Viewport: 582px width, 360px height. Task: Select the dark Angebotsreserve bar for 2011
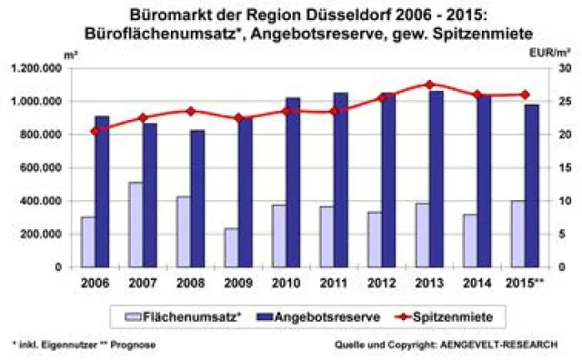341,180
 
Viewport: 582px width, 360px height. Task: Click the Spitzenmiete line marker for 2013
430,85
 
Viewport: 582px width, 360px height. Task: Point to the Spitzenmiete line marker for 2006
95,131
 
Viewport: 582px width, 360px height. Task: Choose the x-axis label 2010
286,283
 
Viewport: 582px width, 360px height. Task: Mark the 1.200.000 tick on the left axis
35,68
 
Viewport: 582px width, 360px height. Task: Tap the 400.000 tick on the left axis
40,201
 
